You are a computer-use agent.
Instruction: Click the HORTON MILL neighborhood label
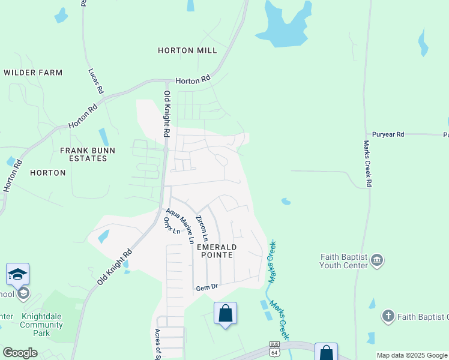pyautogui.click(x=187, y=51)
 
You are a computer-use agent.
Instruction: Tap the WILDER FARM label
pyautogui.click(x=33, y=73)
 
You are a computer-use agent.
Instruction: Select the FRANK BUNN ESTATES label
pyautogui.click(x=83, y=154)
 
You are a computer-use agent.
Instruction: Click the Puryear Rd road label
pyautogui.click(x=388, y=134)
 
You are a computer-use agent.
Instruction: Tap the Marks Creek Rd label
pyautogui.click(x=367, y=163)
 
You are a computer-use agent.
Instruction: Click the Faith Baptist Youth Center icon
pyautogui.click(x=377, y=260)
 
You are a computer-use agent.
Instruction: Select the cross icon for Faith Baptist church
pyautogui.click(x=388, y=316)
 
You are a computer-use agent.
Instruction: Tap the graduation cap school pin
pyautogui.click(x=17, y=274)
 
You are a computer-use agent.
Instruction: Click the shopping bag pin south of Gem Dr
pyautogui.click(x=225, y=313)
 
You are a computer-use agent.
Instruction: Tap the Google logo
pyautogui.click(x=20, y=353)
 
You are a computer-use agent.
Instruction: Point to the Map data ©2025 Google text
pyautogui.click(x=411, y=355)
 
